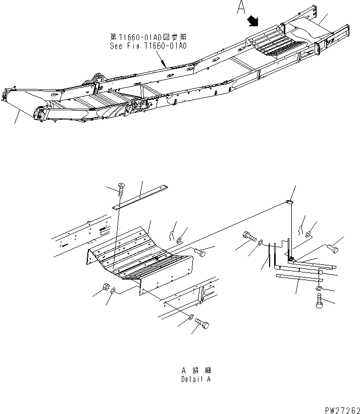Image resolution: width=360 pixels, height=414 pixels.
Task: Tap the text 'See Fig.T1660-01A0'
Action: point(148,45)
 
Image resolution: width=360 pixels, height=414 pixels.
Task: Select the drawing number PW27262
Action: point(338,407)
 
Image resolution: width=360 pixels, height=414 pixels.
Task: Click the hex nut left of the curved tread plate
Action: point(107,288)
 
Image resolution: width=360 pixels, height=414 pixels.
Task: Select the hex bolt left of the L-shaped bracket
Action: point(249,236)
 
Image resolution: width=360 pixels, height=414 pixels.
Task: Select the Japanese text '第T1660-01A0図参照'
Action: point(148,37)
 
